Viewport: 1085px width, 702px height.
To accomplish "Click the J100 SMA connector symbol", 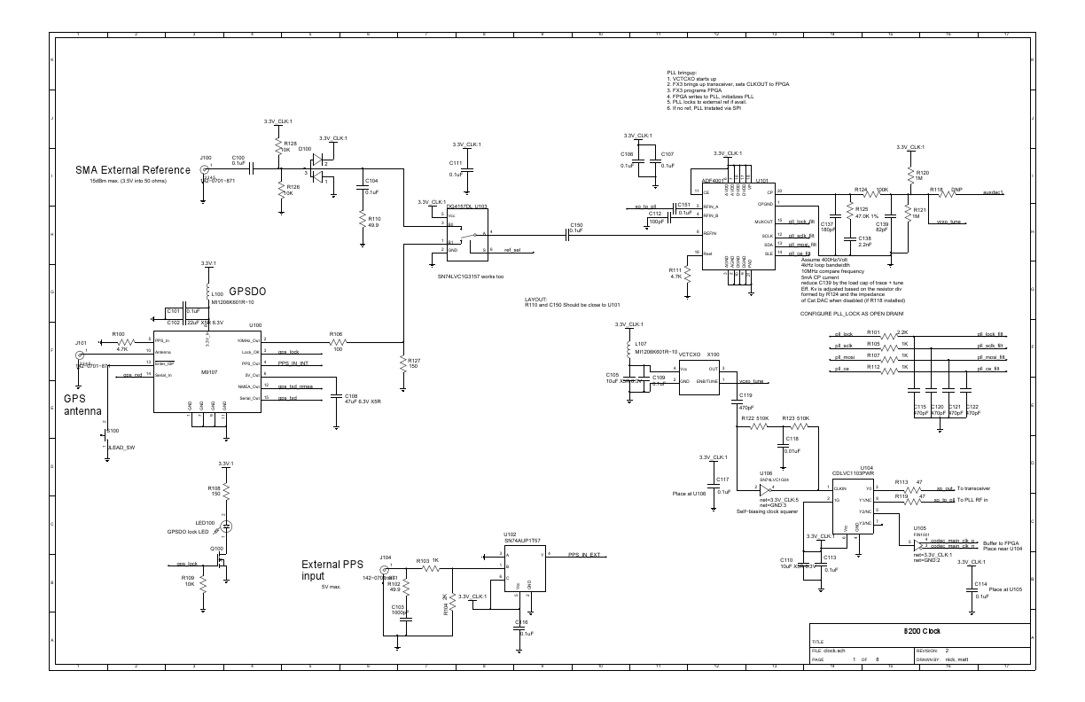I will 207,168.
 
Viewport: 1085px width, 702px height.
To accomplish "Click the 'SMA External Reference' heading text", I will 133,170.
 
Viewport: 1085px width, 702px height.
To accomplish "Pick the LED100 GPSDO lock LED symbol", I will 227,526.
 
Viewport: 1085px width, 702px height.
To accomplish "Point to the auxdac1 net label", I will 994,191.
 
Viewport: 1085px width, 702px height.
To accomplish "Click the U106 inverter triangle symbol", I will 766,487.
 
